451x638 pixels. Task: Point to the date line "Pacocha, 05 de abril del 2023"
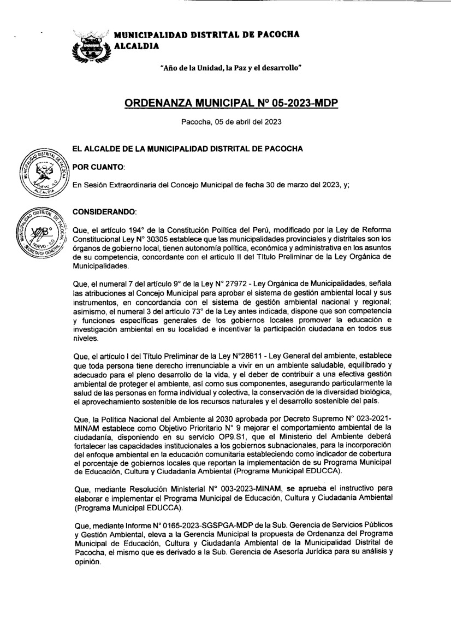point(231,122)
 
